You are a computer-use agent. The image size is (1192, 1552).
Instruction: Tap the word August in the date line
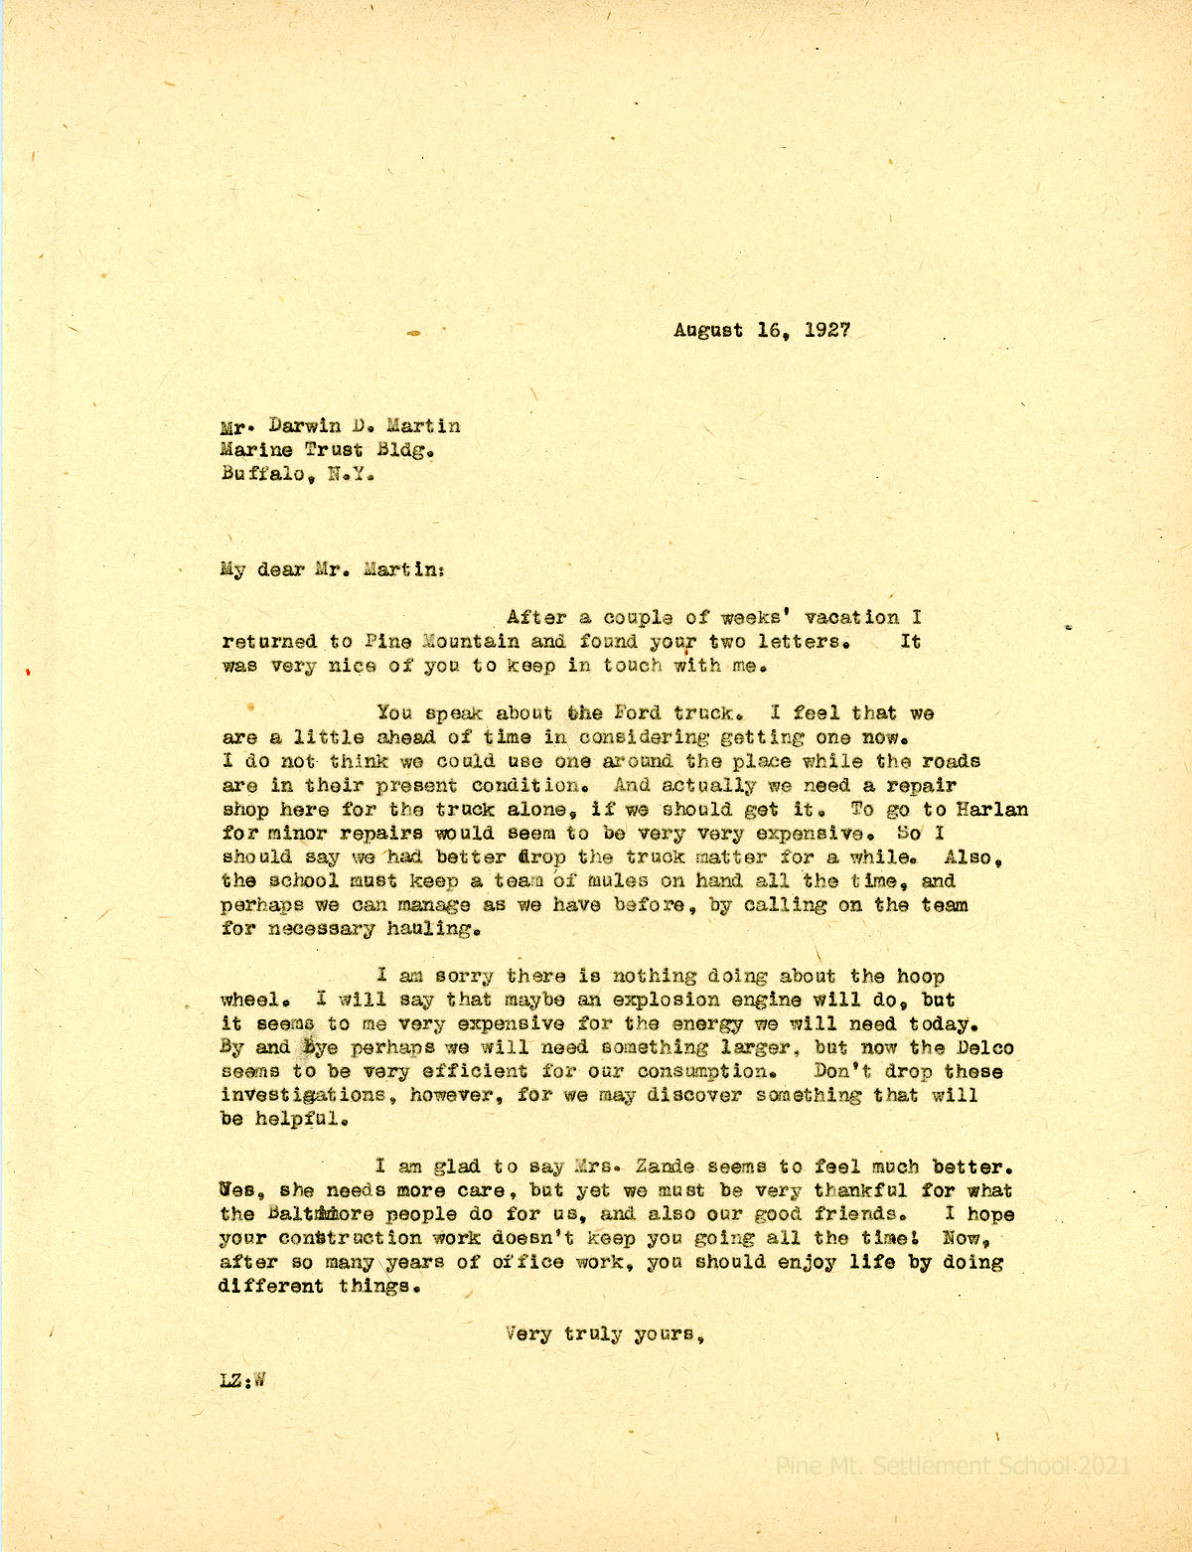pos(708,330)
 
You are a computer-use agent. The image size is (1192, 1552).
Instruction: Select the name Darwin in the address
pos(298,426)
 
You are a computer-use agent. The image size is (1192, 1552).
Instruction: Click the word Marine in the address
pos(256,450)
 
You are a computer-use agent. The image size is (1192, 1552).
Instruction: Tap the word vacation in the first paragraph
pos(850,618)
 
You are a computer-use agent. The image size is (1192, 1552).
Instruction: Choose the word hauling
pos(437,929)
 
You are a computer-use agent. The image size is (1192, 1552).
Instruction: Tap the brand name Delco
pos(984,1047)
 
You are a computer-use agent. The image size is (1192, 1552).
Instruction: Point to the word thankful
pos(860,1190)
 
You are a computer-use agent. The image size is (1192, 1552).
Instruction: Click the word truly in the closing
pos(593,1334)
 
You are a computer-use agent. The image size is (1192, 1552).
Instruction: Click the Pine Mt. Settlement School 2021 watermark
pos(952,1466)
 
